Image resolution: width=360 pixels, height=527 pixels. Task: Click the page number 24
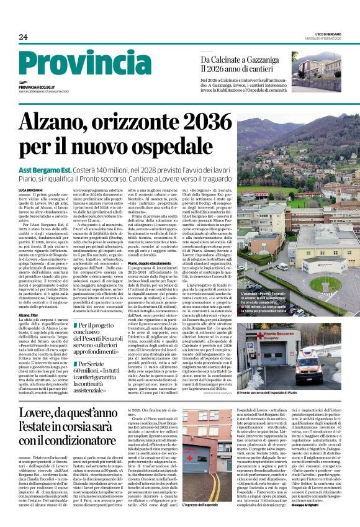pos(23,37)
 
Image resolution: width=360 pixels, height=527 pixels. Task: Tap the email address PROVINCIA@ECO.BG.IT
pos(42,88)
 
